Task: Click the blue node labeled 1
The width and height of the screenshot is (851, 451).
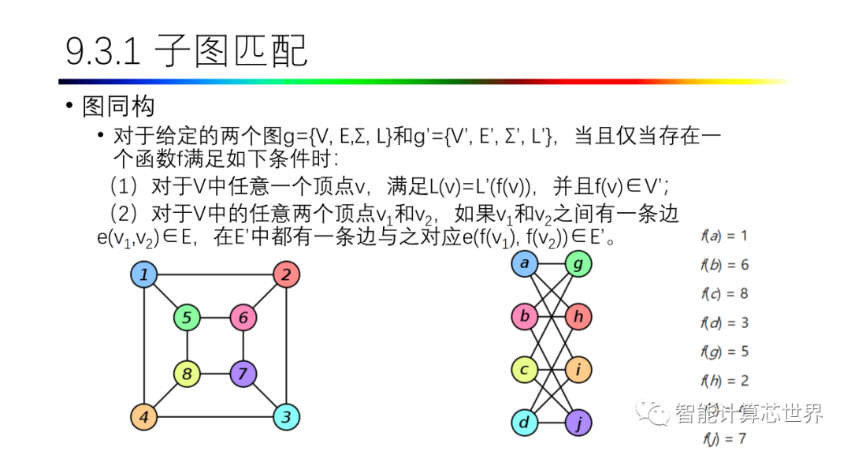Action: tap(143, 275)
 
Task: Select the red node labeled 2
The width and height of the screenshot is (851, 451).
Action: tap(286, 275)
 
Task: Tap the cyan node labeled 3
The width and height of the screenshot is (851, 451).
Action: tap(286, 416)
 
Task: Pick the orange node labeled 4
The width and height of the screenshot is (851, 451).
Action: tap(143, 416)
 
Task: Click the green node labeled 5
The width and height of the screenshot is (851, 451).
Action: tap(187, 318)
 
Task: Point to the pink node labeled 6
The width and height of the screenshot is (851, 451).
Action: tap(243, 318)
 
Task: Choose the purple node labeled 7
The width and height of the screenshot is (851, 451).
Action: tap(243, 373)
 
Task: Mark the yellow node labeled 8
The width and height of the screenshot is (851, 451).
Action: tap(187, 373)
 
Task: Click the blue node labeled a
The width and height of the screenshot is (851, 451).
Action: tap(524, 263)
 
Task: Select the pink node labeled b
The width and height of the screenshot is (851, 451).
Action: tap(524, 316)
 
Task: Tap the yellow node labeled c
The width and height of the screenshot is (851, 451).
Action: tap(524, 369)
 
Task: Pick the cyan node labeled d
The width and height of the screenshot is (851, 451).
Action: tap(524, 422)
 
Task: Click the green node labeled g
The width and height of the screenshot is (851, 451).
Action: tap(578, 263)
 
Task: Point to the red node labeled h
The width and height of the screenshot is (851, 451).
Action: tap(578, 316)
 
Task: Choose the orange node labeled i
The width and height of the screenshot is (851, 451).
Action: tap(578, 369)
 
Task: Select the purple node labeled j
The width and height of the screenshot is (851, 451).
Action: tap(578, 422)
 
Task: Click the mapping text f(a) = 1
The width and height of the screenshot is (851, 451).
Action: tap(724, 235)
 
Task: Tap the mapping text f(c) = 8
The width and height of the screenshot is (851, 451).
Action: tap(724, 293)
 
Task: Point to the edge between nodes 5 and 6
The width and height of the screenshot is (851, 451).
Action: tap(215, 318)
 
